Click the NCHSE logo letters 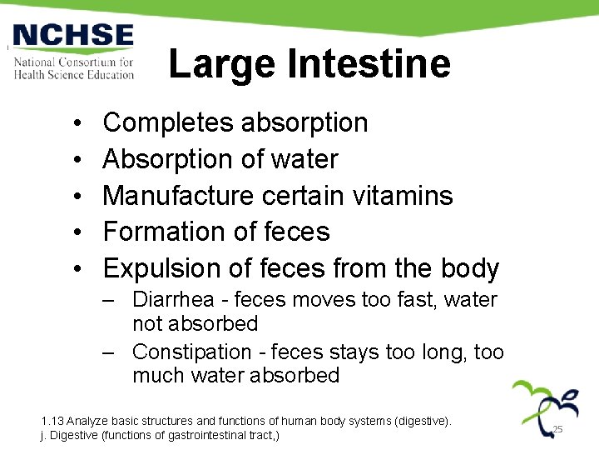(73, 36)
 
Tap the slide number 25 (558, 429)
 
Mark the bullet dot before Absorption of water (76, 160)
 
